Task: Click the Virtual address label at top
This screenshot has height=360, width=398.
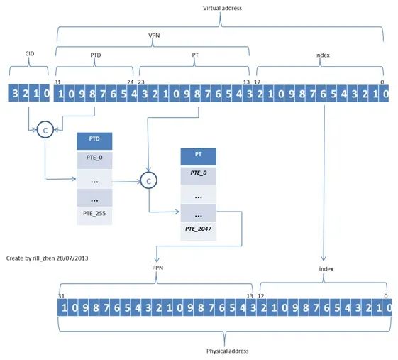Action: point(222,8)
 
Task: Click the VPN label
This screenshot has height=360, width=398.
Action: point(154,36)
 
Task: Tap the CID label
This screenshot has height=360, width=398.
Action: point(30,53)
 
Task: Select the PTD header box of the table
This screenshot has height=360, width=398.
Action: point(94,141)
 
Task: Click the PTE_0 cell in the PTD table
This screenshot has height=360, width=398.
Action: point(94,160)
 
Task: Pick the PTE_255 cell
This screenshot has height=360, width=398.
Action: point(94,216)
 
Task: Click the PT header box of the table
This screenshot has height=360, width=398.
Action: point(198,157)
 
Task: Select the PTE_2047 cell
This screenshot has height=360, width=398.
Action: point(198,231)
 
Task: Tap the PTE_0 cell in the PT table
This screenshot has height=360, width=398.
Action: point(198,176)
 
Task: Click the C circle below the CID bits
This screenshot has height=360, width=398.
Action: point(45,130)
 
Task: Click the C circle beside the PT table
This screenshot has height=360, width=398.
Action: point(149,180)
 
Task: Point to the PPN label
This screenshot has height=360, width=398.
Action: point(157,268)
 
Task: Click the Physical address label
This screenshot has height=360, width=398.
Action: point(228,351)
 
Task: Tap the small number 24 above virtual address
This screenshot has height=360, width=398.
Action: point(131,82)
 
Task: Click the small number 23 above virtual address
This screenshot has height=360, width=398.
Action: point(141,82)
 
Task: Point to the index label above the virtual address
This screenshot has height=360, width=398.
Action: point(322,55)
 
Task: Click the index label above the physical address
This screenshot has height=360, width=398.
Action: point(326,269)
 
